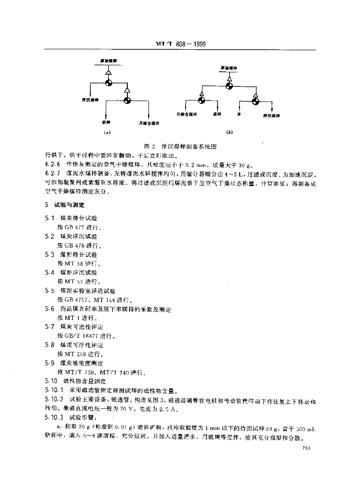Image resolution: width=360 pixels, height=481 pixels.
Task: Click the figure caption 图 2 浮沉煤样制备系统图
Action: (180, 146)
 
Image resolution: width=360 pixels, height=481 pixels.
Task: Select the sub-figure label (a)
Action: (107, 132)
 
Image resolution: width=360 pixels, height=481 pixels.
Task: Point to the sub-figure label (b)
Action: (229, 132)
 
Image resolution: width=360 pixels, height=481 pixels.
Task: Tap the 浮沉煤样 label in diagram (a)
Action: (87, 100)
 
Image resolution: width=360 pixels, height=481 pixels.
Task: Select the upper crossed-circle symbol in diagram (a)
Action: (109, 83)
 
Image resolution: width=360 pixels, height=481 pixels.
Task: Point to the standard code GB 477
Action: (71, 227)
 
